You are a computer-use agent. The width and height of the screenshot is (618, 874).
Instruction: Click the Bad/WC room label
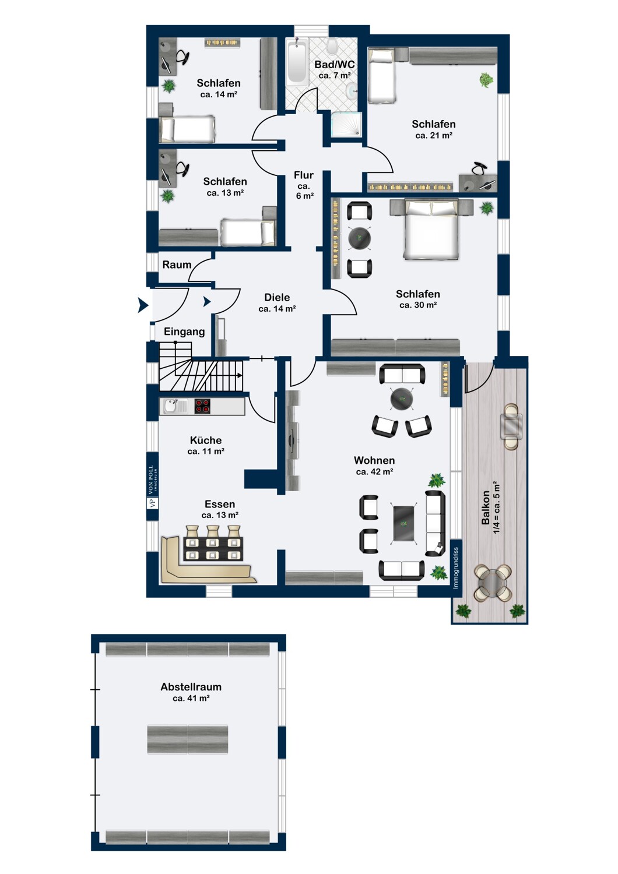tap(335, 64)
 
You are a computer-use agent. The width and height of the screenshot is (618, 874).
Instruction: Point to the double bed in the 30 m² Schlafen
tap(431, 228)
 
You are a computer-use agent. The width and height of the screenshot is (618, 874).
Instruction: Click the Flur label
tap(303, 175)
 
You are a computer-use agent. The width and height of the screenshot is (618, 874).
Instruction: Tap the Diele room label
tap(277, 297)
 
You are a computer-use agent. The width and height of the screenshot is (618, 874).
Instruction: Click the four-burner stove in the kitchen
tap(203, 406)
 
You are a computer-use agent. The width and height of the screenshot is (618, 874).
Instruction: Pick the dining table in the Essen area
tap(214, 549)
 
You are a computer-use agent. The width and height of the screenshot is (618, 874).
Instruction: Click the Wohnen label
tap(374, 460)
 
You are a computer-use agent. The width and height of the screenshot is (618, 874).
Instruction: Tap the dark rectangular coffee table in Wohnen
tap(405, 523)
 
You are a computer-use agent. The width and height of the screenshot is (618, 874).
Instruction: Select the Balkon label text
tap(485, 508)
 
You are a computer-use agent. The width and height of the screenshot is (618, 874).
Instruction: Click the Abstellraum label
tap(191, 687)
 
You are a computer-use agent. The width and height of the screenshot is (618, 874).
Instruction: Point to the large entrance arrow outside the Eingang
tap(143, 305)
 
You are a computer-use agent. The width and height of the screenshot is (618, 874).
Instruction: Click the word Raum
tap(177, 265)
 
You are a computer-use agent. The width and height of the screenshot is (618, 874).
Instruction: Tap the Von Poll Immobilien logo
tap(152, 487)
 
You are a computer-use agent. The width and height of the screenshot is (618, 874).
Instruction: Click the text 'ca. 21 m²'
tap(434, 135)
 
